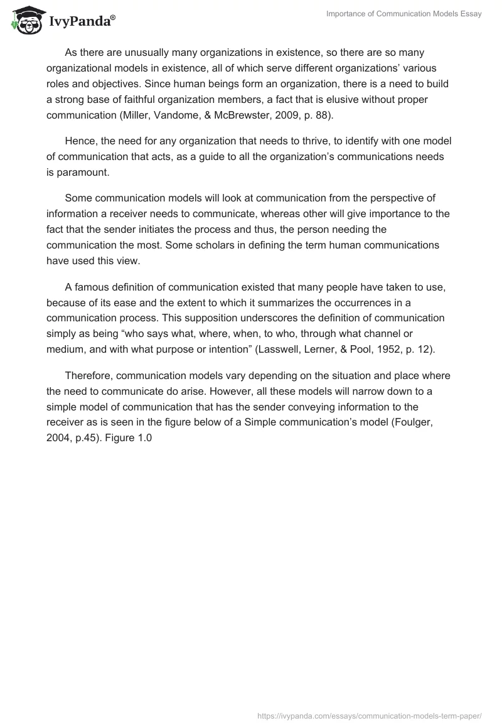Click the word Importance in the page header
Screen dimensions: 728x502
(x=348, y=14)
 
